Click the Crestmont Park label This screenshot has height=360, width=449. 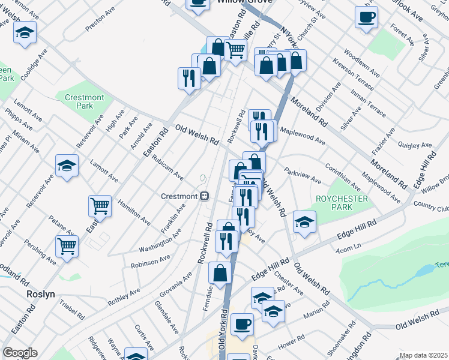pyautogui.click(x=83, y=101)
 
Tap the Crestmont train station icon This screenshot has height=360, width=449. pyautogui.click(x=204, y=196)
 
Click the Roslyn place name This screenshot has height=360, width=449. pyautogui.click(x=41, y=295)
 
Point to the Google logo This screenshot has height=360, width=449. pyautogui.click(x=20, y=353)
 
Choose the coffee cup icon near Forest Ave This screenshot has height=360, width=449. pyautogui.click(x=366, y=17)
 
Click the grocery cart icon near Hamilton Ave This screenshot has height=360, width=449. pyautogui.click(x=100, y=206)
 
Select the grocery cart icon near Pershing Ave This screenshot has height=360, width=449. pyautogui.click(x=67, y=245)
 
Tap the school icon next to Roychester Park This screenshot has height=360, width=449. pyautogui.click(x=304, y=222)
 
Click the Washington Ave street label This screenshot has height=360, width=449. pyautogui.click(x=160, y=242)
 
